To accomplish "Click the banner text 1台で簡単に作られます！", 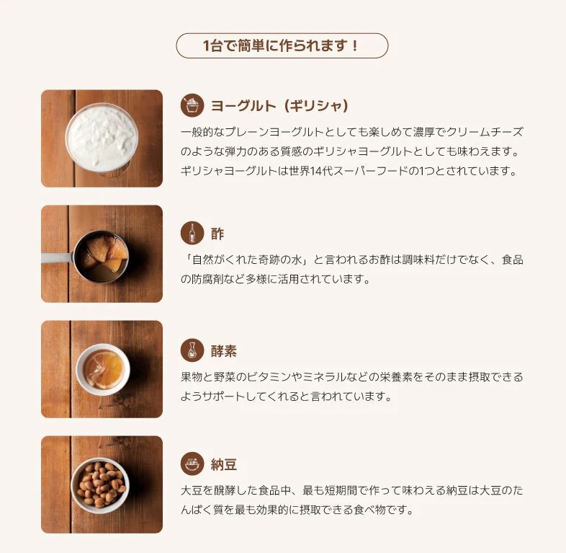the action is click(281, 46).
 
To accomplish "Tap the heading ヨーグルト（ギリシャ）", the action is click(280, 106).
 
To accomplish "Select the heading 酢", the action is click(217, 234).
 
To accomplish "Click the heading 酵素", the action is click(224, 351).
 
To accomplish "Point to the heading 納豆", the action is click(224, 464).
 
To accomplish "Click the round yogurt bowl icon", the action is click(192, 105).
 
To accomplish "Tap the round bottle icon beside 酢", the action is click(192, 233).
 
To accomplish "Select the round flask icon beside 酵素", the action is click(192, 350).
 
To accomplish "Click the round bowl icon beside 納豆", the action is click(192, 464).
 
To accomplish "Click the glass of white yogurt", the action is click(102, 138).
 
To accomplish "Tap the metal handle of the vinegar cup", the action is click(58, 258).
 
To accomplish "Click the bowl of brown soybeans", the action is click(100, 485).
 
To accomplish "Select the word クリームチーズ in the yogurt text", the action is click(485, 132).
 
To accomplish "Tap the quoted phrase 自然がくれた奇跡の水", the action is click(247, 260).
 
